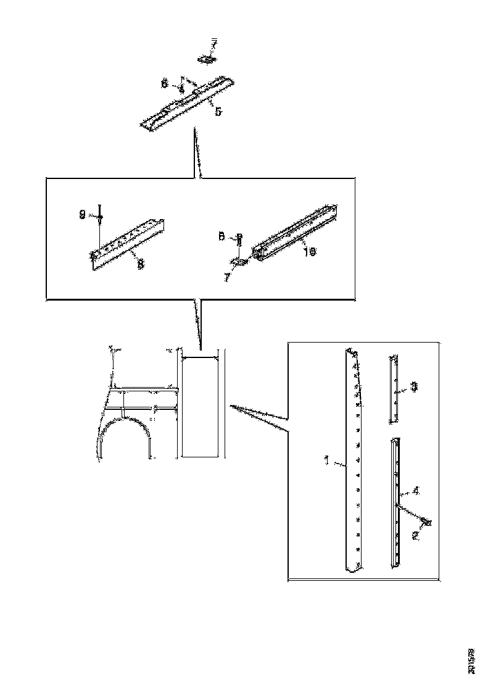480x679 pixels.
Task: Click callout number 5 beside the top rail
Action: click(x=218, y=112)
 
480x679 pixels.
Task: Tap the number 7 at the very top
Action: click(x=214, y=43)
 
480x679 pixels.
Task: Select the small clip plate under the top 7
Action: click(x=205, y=59)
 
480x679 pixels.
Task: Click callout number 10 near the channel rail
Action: click(x=310, y=252)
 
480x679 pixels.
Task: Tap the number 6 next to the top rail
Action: click(x=165, y=82)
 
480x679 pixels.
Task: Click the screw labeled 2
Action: click(x=425, y=522)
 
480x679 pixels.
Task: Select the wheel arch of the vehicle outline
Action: click(x=126, y=432)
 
